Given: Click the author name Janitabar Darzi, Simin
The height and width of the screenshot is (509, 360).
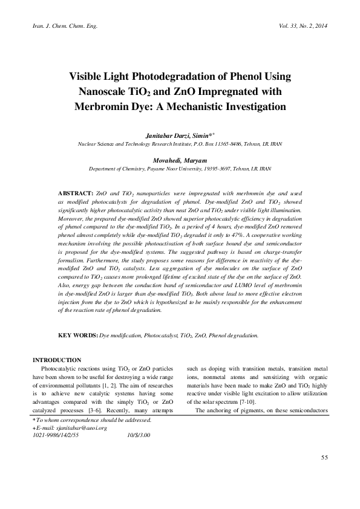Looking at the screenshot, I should coord(178,137).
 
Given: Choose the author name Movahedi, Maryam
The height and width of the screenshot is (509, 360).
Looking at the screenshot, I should coord(180,161).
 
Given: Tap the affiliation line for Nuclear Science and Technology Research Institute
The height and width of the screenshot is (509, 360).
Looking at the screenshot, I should coord(180,145).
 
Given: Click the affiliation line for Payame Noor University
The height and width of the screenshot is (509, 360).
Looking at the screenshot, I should coord(180,170).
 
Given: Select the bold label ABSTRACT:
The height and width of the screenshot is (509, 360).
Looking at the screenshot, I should coord(76,191).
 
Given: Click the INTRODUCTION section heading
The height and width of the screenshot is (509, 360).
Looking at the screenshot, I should coord(57,360).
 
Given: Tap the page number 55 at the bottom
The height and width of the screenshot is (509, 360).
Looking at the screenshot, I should coord(324,474).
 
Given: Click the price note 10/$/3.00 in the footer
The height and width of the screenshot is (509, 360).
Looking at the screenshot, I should coord(139,435).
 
